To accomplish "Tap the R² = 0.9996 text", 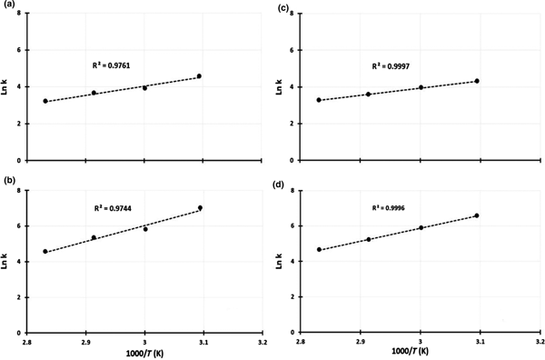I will click(x=391, y=208).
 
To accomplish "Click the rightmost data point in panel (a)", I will click(x=199, y=76).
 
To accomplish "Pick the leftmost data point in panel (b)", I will click(x=45, y=252).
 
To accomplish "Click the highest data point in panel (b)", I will click(x=200, y=208).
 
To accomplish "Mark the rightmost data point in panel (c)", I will click(x=477, y=81).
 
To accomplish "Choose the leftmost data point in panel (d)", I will click(x=319, y=249).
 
